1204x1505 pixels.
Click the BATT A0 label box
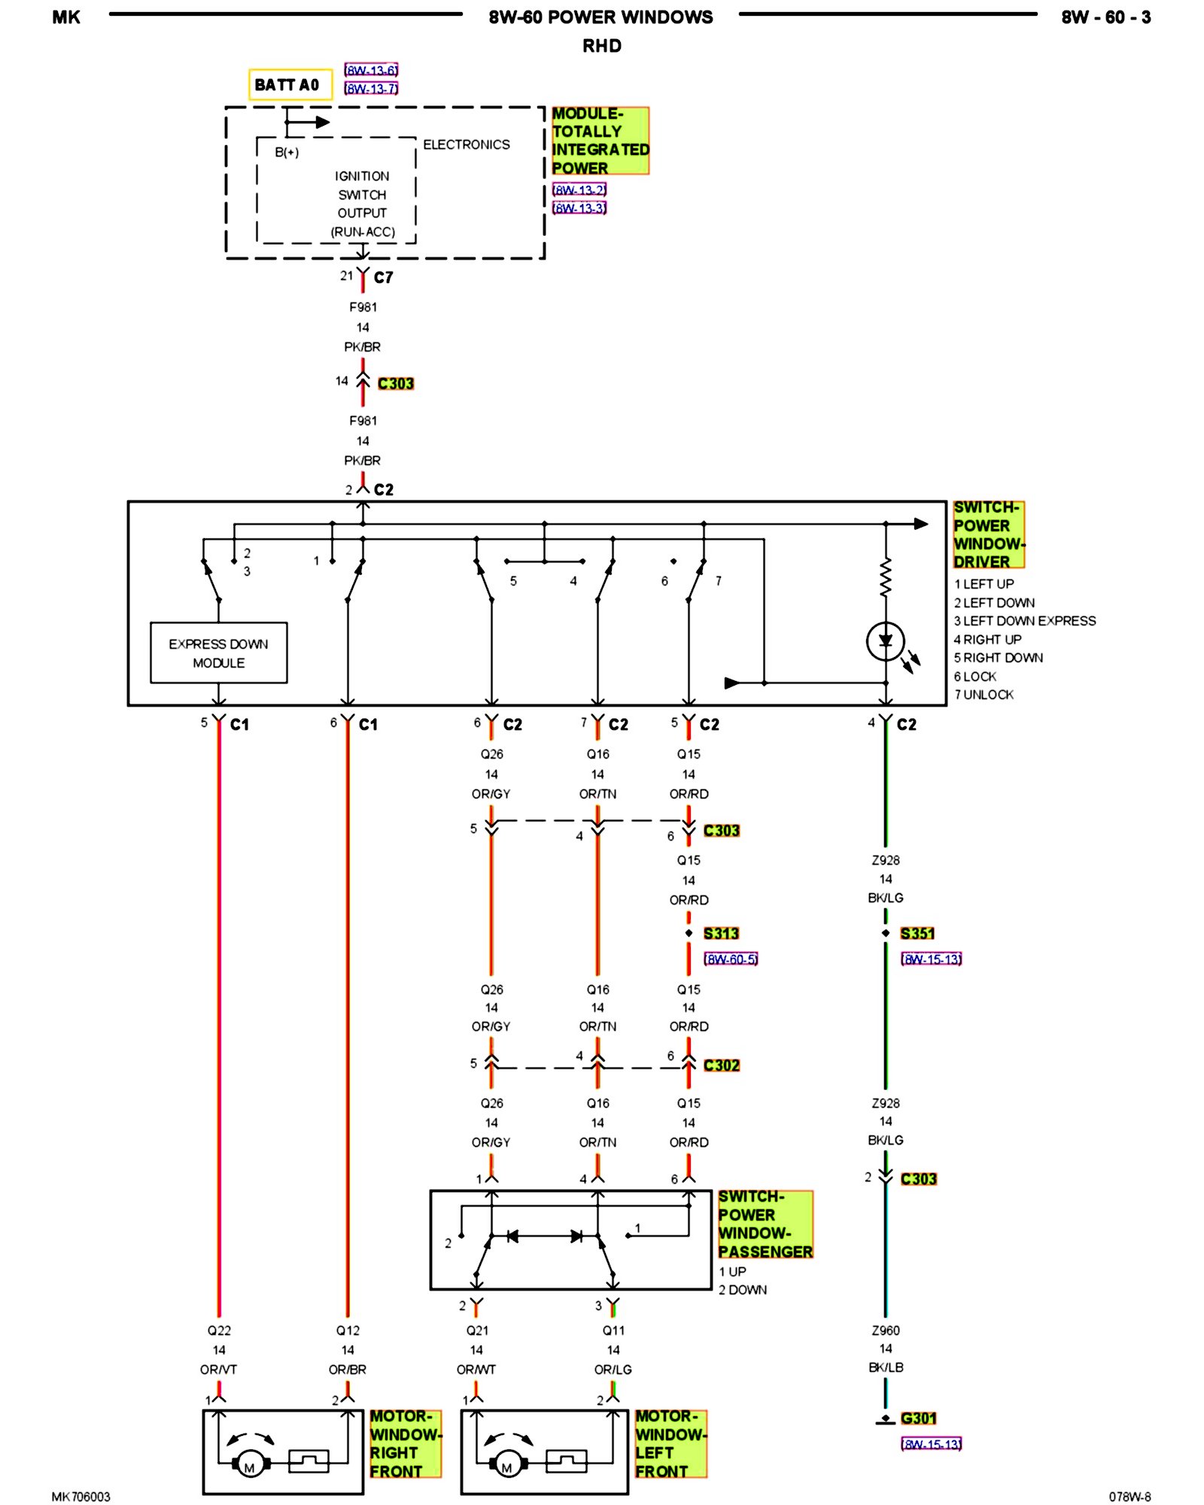tap(290, 84)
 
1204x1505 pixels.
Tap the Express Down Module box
tap(218, 652)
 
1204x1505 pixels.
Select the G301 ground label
tap(918, 1418)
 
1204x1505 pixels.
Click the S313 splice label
tap(721, 933)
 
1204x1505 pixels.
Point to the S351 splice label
tap(917, 933)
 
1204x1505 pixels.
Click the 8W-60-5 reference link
tap(731, 959)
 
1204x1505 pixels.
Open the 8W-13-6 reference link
tap(371, 70)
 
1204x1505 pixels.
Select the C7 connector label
tap(383, 277)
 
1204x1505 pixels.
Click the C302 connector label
tap(721, 1065)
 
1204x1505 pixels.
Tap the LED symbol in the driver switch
tap(886, 642)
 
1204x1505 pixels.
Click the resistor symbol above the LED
tap(886, 578)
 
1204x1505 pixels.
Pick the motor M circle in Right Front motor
tap(249, 1466)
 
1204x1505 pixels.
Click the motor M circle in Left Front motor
tap(506, 1466)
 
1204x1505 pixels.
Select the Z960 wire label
tap(886, 1330)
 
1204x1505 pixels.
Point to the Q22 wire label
tap(219, 1330)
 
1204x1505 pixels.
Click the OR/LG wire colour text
tap(613, 1369)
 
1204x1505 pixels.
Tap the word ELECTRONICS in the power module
tap(466, 144)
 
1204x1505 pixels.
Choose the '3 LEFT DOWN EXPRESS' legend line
tap(1025, 621)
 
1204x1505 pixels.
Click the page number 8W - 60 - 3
tap(1105, 17)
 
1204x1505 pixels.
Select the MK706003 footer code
tap(81, 1496)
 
